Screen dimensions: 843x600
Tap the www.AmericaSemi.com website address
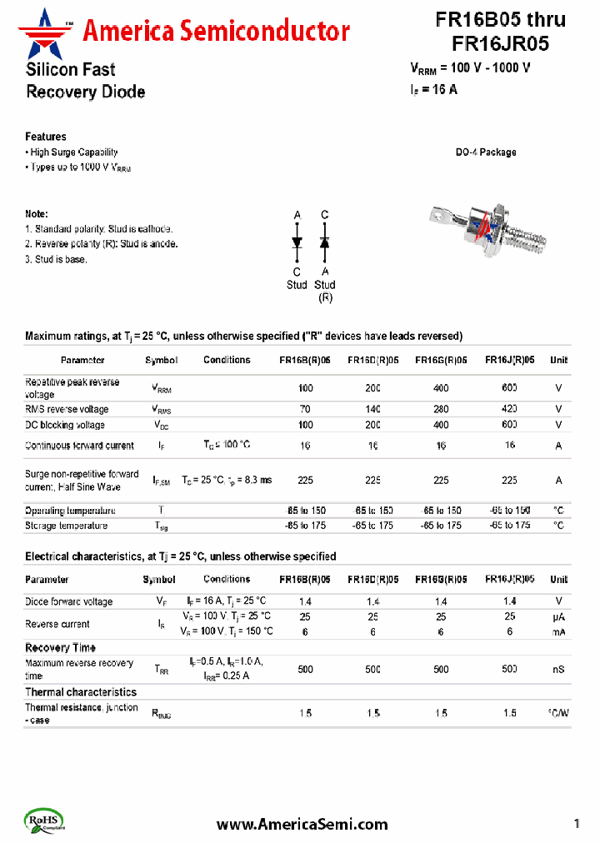(302, 824)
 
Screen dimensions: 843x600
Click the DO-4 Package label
(485, 152)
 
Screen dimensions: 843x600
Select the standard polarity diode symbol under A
(297, 242)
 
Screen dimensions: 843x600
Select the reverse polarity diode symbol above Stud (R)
(325, 242)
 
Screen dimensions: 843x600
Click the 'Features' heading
(46, 137)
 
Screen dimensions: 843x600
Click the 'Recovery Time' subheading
(60, 647)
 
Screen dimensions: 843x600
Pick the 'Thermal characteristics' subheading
(81, 692)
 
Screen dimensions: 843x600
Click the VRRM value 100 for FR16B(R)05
(305, 388)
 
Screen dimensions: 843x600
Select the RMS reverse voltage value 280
(441, 409)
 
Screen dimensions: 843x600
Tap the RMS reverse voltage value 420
(509, 409)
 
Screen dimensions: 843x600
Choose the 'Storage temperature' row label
(66, 526)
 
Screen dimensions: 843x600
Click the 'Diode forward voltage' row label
(68, 601)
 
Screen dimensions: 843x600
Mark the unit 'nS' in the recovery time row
(558, 669)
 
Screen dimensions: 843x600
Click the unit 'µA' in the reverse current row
(558, 616)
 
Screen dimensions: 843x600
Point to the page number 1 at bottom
(577, 824)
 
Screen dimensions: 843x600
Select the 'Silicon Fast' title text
(70, 70)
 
